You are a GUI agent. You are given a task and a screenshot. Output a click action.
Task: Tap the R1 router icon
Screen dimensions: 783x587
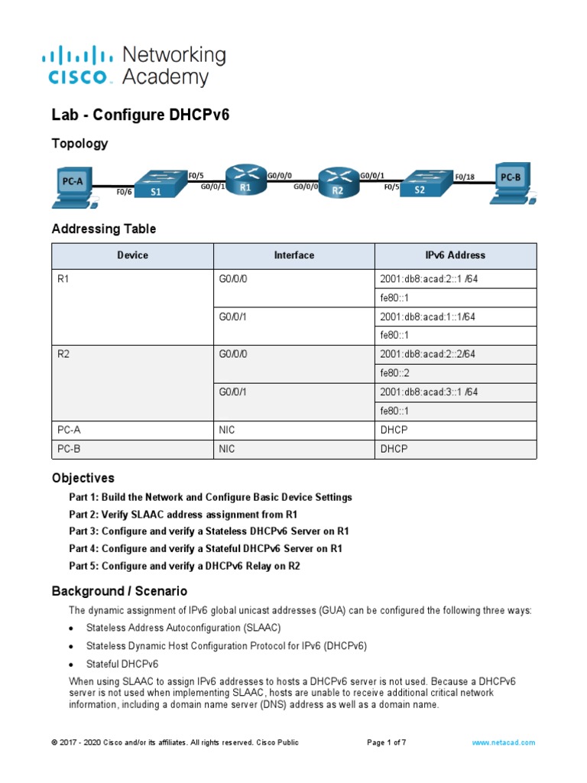(245, 182)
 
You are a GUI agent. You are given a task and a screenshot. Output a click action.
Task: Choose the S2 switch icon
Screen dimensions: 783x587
(420, 184)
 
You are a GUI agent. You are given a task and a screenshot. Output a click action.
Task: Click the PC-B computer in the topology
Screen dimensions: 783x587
(509, 183)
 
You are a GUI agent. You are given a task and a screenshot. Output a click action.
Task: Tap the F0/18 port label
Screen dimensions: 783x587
(465, 177)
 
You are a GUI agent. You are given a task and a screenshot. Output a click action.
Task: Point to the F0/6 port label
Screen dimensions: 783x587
(124, 193)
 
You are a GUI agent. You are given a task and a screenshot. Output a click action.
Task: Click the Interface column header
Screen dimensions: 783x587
(293, 255)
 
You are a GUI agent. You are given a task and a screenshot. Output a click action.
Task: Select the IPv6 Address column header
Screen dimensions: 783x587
(456, 255)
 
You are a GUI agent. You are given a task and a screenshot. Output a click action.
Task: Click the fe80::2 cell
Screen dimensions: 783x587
(394, 373)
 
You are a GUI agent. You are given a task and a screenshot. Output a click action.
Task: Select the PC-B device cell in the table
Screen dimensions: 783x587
(69, 449)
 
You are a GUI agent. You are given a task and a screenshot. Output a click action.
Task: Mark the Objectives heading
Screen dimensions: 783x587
(83, 478)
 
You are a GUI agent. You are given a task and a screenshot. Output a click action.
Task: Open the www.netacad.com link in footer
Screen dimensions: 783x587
(503, 742)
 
